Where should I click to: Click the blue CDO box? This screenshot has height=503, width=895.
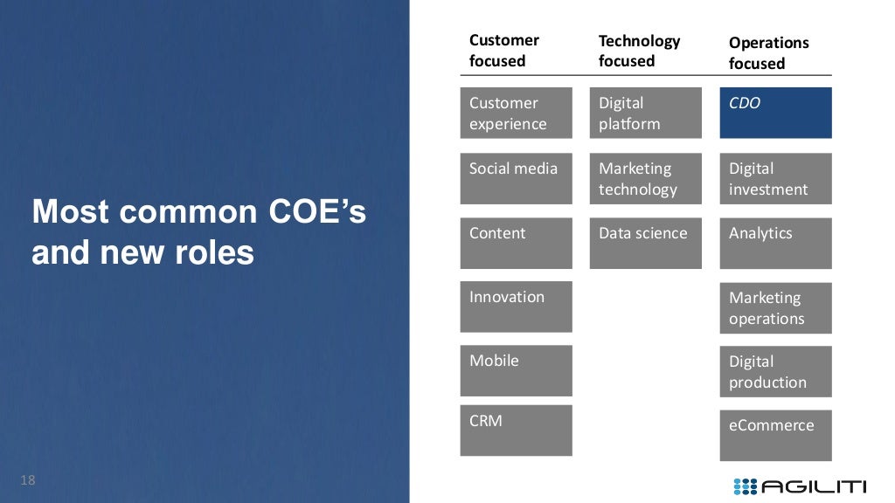coord(775,113)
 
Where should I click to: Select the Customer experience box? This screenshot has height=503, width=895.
coord(516,113)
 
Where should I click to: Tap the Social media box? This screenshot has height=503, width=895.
coord(516,178)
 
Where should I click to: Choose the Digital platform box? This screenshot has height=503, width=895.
coord(645,113)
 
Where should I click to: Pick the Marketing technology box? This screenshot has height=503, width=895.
coord(645,178)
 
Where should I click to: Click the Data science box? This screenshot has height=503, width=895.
coord(645,243)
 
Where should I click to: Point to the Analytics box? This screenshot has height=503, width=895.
coord(775,243)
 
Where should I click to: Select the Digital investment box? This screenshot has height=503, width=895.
coord(775,178)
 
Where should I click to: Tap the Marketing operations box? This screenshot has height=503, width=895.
coord(775,307)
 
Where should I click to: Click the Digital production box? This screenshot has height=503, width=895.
coord(775,371)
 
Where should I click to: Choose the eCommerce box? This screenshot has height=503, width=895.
coord(775,435)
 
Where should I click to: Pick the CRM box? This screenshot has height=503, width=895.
coord(516,430)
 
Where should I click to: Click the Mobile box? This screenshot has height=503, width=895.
coord(516,370)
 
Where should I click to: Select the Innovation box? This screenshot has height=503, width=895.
coord(516,307)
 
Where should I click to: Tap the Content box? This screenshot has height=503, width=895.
coord(516,243)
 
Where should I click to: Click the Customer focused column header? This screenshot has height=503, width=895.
coord(504,51)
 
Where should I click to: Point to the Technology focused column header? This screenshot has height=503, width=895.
coord(639,51)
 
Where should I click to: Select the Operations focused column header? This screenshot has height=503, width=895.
coord(769,52)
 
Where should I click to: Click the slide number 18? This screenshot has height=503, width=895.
coord(27,480)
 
